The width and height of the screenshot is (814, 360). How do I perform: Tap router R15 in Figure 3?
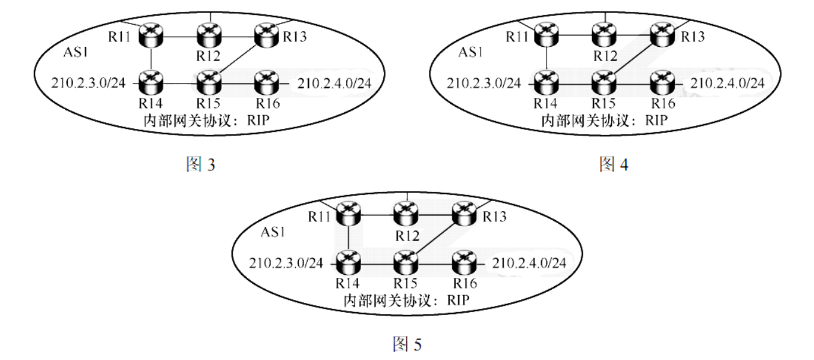pyautogui.click(x=209, y=80)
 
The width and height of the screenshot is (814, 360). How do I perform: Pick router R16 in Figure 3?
pyautogui.click(x=265, y=80)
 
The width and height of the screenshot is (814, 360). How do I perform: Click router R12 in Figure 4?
pyautogui.click(x=603, y=34)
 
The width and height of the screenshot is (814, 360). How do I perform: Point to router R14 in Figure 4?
pyautogui.click(x=546, y=80)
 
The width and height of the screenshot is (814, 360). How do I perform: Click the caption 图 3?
pyautogui.click(x=200, y=164)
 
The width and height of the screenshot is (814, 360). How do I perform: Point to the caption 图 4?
pyautogui.click(x=614, y=164)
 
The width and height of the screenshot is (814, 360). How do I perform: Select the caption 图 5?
pyautogui.click(x=407, y=344)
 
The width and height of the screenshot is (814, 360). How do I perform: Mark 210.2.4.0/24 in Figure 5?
pyautogui.click(x=530, y=262)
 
